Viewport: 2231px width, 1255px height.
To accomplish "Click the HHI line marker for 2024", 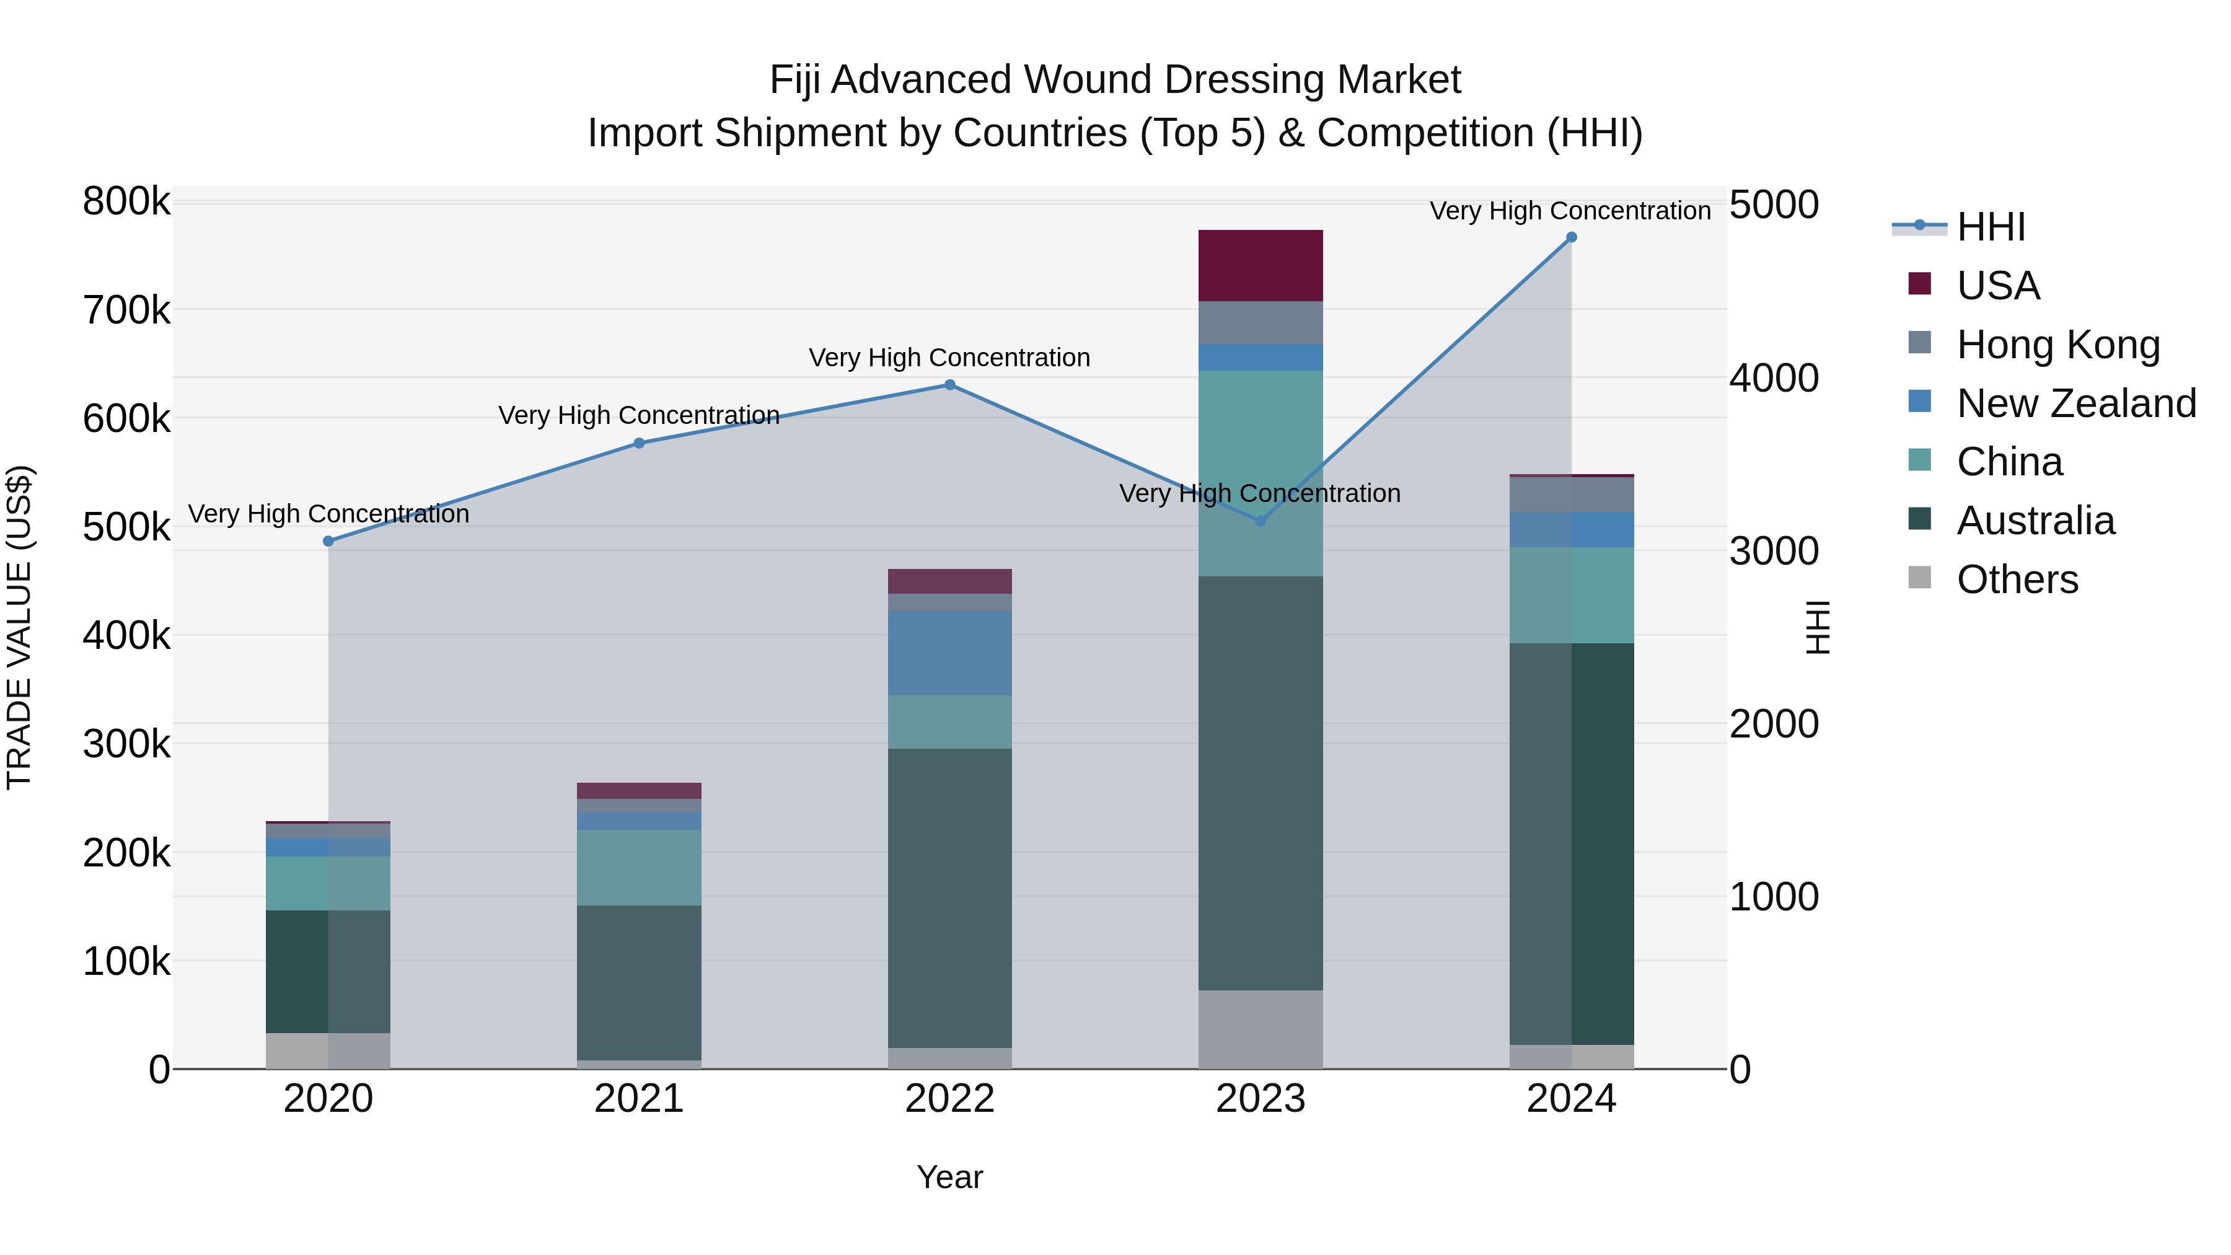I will point(1571,237).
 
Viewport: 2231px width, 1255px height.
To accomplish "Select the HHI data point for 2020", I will point(328,541).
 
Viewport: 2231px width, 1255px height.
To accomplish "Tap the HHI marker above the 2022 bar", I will point(949,385).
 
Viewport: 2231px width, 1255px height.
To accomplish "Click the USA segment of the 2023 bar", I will point(1260,266).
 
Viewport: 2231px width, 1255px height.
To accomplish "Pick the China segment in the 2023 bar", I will point(1260,473).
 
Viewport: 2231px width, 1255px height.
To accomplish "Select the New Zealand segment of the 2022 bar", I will point(949,653).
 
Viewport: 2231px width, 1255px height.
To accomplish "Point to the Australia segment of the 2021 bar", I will point(639,982).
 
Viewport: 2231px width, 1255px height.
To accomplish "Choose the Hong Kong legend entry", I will point(2057,344).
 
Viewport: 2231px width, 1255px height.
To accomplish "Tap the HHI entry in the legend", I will point(1990,227).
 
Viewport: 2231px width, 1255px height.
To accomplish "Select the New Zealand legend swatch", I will point(1920,401).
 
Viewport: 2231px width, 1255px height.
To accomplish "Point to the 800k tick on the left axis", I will point(126,202).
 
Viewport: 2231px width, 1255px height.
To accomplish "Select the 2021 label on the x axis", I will point(639,1099).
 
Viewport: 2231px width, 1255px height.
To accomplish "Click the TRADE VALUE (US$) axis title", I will point(19,627).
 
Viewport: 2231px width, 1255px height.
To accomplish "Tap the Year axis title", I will point(949,1177).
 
